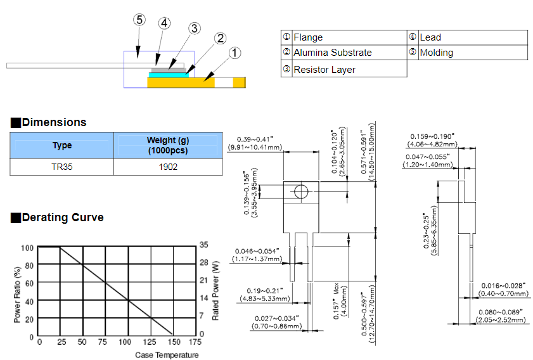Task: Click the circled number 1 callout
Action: coord(234,53)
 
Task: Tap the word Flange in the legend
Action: coord(308,38)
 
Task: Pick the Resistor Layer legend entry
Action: coord(324,70)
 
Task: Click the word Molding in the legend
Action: coord(436,53)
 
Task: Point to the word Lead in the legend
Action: coord(430,38)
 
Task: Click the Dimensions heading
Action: coord(54,122)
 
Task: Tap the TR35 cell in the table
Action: coord(61,167)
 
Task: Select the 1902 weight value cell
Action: coord(167,167)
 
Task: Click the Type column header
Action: coord(61,145)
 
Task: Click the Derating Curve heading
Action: coord(63,217)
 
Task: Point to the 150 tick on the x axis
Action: coord(172,342)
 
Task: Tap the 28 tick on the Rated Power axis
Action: coord(203,262)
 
